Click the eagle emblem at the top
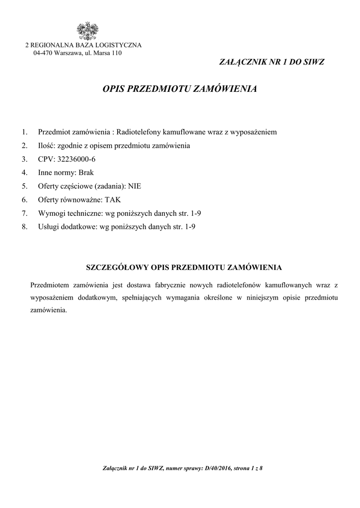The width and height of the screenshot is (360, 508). click(x=86, y=31)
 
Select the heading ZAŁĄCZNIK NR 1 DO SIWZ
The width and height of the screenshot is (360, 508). click(x=272, y=62)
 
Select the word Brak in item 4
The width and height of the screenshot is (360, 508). click(x=86, y=173)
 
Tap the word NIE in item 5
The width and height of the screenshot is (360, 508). click(x=135, y=186)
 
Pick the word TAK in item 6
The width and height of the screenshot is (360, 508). click(x=113, y=199)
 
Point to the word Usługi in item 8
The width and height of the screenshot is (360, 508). click(x=49, y=227)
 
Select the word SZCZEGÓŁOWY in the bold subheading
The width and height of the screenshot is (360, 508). click(x=118, y=267)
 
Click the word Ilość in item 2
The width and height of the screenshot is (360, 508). click(x=47, y=146)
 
